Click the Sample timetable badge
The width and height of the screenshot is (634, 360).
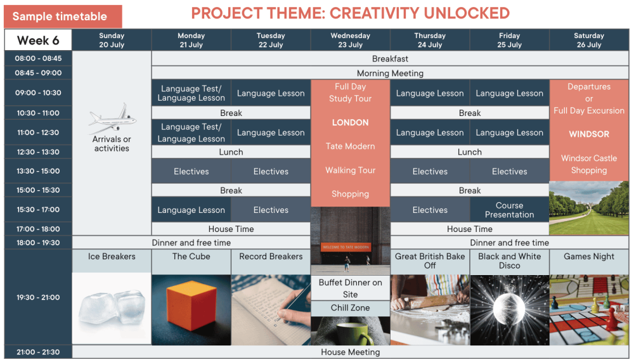(63, 16)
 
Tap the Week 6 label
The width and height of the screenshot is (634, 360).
(38, 40)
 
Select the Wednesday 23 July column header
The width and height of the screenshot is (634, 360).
(350, 40)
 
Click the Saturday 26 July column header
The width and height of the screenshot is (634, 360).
(589, 40)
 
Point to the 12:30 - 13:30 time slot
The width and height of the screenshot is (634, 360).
(38, 152)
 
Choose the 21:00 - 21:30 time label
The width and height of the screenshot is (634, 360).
(38, 352)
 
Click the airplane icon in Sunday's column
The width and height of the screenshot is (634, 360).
(112, 119)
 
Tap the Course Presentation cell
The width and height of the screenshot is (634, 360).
(510, 210)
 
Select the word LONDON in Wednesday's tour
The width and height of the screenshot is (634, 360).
(350, 122)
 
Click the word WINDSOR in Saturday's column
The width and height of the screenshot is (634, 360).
(589, 134)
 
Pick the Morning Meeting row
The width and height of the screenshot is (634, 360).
(390, 73)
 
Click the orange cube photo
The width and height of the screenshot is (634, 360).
(191, 310)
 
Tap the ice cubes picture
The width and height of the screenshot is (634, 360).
(112, 309)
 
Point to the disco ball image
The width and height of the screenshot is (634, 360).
(510, 310)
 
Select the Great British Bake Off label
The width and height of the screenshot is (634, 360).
(430, 261)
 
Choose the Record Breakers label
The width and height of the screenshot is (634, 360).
(271, 257)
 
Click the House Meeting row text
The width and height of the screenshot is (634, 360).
(350, 352)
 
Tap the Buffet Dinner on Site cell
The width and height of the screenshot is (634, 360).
(350, 288)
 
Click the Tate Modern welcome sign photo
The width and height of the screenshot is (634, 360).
(350, 241)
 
